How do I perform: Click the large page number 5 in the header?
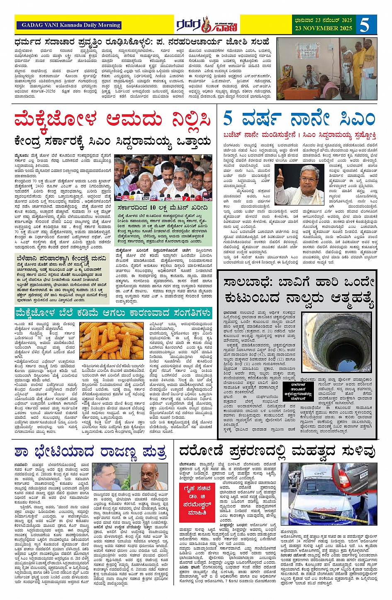point(364,24)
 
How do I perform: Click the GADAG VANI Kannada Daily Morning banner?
point(68,25)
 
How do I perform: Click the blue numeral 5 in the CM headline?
point(228,118)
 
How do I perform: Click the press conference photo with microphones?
point(163,179)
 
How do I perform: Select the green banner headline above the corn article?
point(113,313)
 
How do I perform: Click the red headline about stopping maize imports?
point(113,120)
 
